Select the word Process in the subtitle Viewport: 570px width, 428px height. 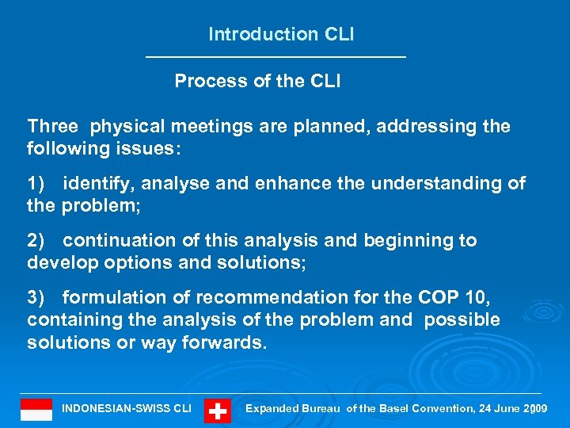click(205, 81)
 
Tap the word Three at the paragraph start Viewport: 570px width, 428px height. click(52, 126)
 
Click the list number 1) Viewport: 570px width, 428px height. click(38, 183)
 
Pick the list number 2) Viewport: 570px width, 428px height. click(38, 240)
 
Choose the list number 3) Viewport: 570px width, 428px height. click(38, 297)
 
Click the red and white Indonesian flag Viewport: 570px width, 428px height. click(36, 410)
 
